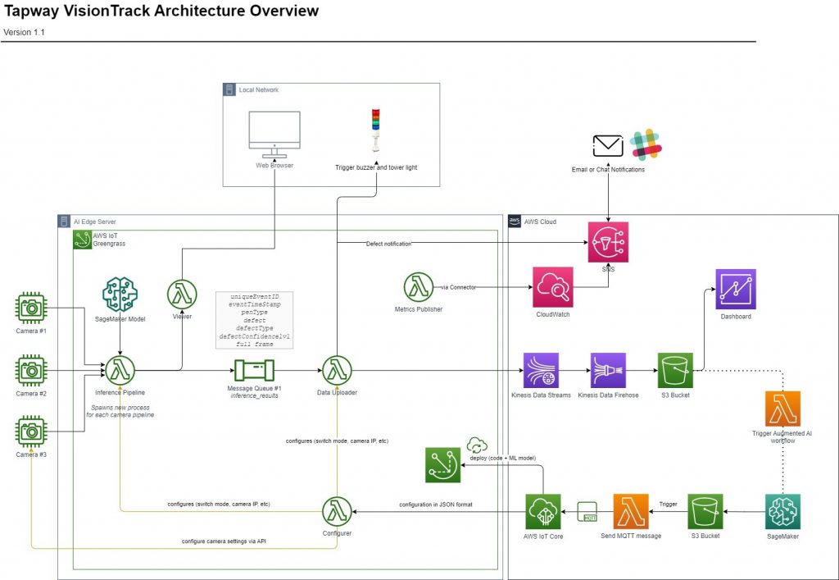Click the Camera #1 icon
point(32,308)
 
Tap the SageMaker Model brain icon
point(120,294)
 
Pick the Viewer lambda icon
point(182,294)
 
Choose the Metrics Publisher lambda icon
point(418,287)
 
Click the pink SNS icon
point(608,242)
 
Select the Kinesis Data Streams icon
point(541,370)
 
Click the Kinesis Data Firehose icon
point(608,370)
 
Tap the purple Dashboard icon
point(735,289)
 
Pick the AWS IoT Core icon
point(543,512)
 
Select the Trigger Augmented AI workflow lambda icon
point(782,408)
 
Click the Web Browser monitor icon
point(274,135)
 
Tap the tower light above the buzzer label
point(376,131)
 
